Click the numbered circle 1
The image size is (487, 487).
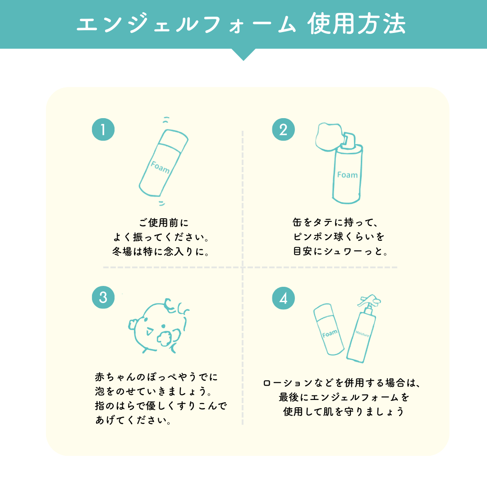click(103, 129)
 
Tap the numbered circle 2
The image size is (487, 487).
click(283, 129)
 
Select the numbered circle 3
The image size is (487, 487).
click(103, 297)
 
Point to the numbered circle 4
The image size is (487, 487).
click(283, 298)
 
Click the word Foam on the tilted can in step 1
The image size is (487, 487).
click(160, 167)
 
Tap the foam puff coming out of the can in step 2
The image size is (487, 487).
click(329, 137)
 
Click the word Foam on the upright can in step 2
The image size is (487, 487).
click(347, 175)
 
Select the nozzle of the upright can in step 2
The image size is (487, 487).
click(348, 139)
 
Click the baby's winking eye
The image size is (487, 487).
click(149, 332)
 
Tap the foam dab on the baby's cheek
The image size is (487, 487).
click(165, 339)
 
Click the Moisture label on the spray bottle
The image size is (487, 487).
click(362, 334)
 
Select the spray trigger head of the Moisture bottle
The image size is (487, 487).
click(369, 301)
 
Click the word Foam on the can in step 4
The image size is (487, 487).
click(330, 334)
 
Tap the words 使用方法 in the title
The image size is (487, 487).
click(357, 24)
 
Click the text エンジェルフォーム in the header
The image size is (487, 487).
click(186, 24)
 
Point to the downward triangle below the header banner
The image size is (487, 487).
click(243, 55)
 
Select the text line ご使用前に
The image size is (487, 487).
click(164, 223)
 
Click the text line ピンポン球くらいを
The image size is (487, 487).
click(339, 237)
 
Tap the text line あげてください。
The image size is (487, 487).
click(133, 420)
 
